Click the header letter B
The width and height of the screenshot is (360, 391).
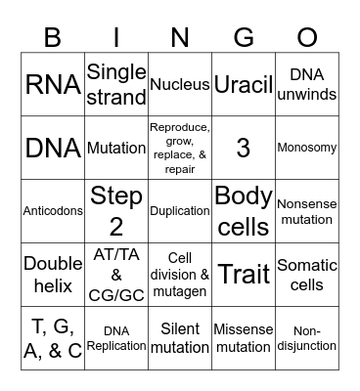pos(52,36)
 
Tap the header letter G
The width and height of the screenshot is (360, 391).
pos(244,36)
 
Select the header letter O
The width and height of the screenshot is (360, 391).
pos(307,36)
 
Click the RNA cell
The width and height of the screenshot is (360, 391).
pos(53,85)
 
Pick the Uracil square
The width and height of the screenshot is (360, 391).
pos(243,85)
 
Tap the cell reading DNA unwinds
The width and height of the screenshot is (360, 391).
pos(307,85)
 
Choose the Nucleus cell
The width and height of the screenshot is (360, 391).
pos(180,85)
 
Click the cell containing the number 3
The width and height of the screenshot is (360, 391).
pos(243,148)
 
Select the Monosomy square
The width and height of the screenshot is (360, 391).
pos(307,148)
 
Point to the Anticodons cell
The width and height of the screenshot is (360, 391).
pos(53,210)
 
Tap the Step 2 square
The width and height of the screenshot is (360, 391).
pos(116,210)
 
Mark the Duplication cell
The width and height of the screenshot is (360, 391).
pos(180,210)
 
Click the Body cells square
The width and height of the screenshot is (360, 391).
pos(243,210)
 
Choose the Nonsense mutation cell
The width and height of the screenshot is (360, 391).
pos(307,210)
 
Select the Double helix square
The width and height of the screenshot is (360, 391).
pos(53,274)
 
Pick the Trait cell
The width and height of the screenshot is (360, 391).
pos(243,274)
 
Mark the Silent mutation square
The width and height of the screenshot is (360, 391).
pos(180,337)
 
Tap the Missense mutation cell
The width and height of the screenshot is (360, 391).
pos(243,337)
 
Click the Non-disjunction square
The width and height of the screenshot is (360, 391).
pos(307,337)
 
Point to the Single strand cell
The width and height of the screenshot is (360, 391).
pos(116,85)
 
